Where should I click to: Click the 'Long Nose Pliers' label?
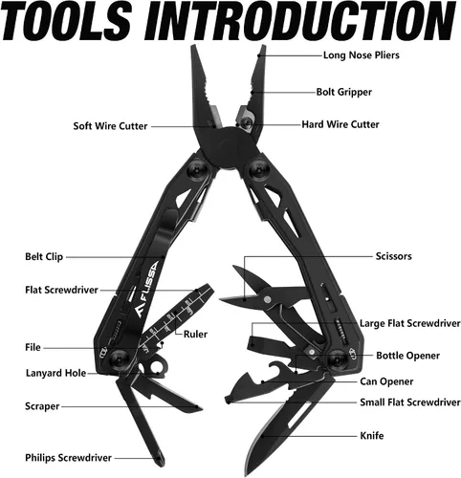pos(362,55)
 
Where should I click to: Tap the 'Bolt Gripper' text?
pos(344,92)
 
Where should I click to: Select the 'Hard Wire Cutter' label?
pos(340,124)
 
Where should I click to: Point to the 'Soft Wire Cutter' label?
pos(110,126)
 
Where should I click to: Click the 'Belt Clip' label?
pos(44,257)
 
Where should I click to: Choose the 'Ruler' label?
pos(195,335)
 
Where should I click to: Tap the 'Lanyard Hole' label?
pos(55,373)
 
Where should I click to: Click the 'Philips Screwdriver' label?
pos(68,458)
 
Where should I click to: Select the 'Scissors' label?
pos(393,256)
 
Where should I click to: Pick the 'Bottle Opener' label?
pos(407,356)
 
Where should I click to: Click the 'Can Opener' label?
pos(386,381)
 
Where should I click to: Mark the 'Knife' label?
pos(372,436)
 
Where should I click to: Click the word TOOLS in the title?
pos(66,21)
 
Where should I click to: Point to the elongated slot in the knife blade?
pos(299,416)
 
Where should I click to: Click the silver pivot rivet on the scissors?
pos(267,299)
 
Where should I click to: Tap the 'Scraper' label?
pos(42,406)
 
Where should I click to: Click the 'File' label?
pos(33,347)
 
